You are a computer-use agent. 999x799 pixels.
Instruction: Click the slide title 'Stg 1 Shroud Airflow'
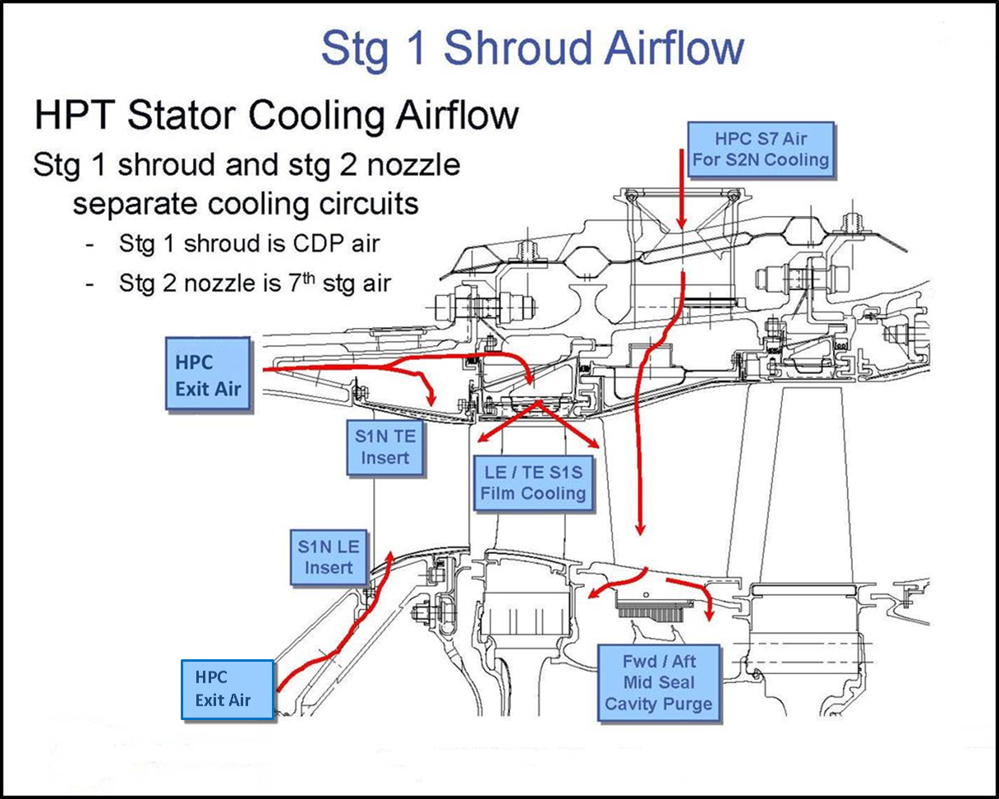point(532,47)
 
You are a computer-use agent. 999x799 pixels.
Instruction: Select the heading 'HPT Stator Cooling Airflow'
point(276,114)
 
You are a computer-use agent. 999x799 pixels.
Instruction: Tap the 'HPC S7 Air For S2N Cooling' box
point(760,150)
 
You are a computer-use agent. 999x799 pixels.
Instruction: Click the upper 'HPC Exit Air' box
point(208,374)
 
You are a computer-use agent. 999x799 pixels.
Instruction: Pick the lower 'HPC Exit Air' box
point(227,690)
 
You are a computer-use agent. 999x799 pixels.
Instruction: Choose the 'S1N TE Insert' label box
point(384,447)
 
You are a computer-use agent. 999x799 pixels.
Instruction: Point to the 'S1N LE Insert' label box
point(329,557)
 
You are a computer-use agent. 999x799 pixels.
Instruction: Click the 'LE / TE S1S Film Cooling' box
point(533,482)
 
